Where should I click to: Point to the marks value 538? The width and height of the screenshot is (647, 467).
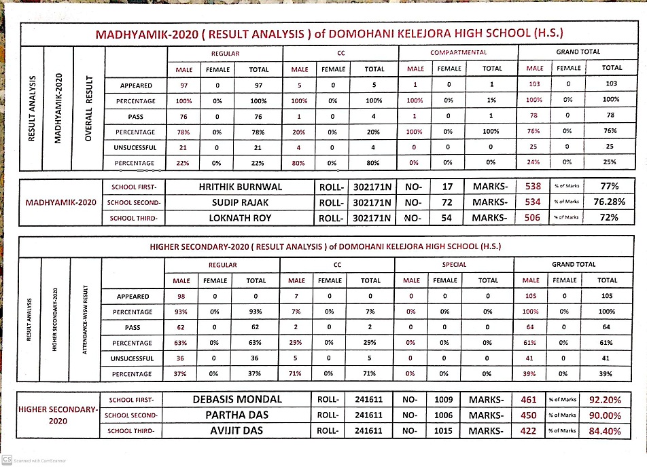(x=533, y=186)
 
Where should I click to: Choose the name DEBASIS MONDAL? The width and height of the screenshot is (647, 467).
(x=239, y=399)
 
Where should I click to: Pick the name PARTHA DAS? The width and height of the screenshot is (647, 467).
(x=239, y=415)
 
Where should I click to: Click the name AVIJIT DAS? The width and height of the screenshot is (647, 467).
(x=239, y=430)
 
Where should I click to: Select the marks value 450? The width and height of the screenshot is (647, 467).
(x=528, y=415)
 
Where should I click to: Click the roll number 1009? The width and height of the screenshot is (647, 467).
(x=444, y=400)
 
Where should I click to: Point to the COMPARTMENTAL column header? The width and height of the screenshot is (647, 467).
(x=459, y=52)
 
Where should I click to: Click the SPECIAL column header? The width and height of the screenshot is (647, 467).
(x=455, y=265)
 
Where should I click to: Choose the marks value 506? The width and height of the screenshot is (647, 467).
(x=533, y=217)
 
